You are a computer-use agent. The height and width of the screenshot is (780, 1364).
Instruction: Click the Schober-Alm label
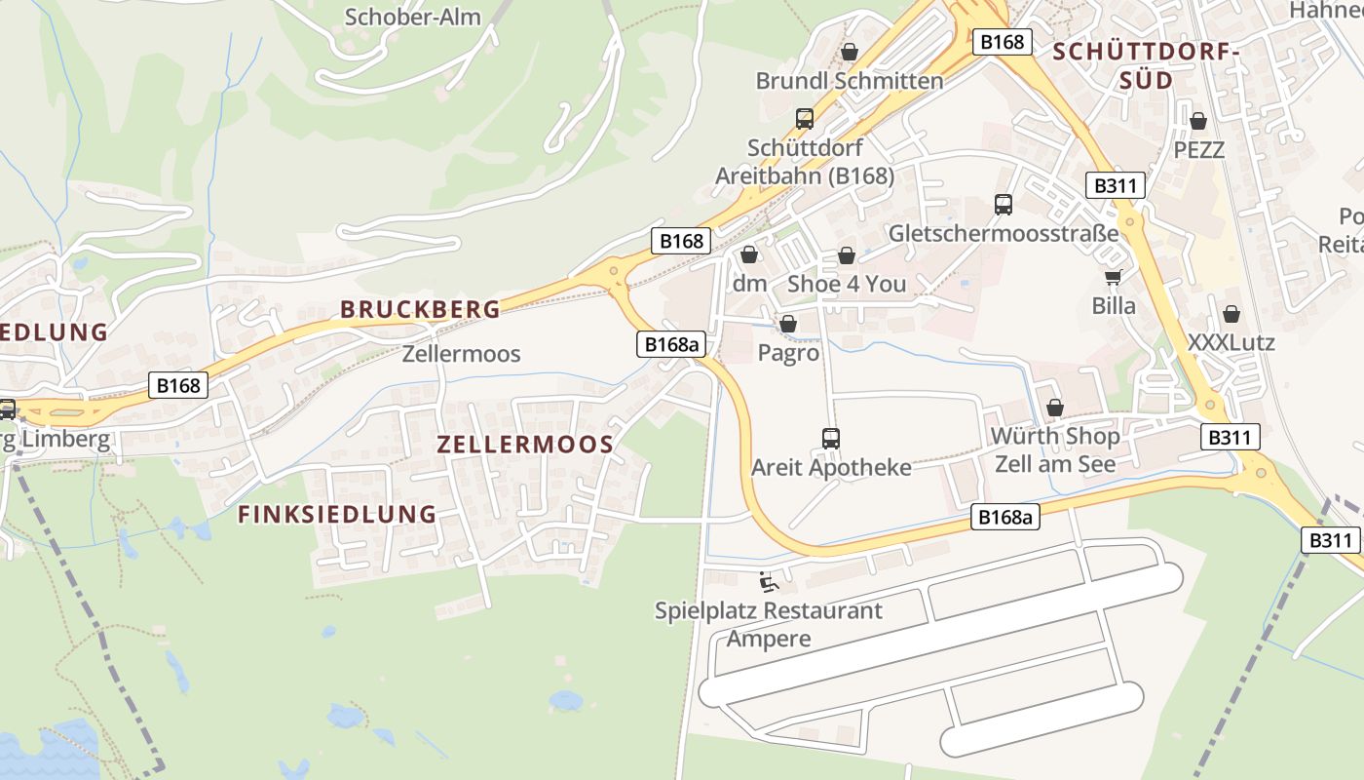coord(412,17)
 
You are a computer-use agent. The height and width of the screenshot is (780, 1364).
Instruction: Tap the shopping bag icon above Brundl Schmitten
coord(850,52)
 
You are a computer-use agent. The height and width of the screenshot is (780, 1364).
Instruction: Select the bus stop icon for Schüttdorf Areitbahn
coord(805,119)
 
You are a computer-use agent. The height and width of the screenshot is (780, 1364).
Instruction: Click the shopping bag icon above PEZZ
coord(1198,122)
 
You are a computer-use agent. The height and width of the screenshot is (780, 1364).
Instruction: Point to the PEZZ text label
coord(1198,150)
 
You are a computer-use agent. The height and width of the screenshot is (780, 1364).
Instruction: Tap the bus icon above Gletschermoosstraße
coord(1004,205)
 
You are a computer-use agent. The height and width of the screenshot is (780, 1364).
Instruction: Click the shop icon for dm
coord(749,255)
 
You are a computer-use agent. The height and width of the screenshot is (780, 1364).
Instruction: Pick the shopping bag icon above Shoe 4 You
coord(847,256)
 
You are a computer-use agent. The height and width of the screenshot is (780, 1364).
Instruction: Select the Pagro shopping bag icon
coord(788,324)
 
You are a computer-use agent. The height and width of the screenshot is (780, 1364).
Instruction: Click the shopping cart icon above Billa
coord(1114,277)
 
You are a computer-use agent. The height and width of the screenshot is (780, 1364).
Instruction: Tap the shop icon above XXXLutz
coord(1231,315)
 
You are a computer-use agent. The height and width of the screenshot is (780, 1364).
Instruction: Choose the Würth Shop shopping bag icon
coord(1055,408)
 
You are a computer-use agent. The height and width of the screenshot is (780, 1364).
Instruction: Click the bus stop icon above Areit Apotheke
coord(831,439)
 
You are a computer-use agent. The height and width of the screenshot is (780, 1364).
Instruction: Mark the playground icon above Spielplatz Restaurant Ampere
coord(769,582)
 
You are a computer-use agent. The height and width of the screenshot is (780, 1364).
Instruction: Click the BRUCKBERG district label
coord(420,309)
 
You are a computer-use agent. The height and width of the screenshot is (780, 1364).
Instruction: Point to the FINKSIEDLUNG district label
coord(337,514)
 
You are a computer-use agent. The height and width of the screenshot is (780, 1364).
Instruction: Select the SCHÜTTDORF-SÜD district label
coord(1145,65)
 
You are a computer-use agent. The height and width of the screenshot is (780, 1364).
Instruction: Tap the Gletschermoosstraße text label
coord(1004,234)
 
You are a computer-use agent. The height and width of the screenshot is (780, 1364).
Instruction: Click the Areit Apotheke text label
coord(831,468)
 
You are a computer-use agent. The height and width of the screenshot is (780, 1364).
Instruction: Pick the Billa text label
coord(1114,305)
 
